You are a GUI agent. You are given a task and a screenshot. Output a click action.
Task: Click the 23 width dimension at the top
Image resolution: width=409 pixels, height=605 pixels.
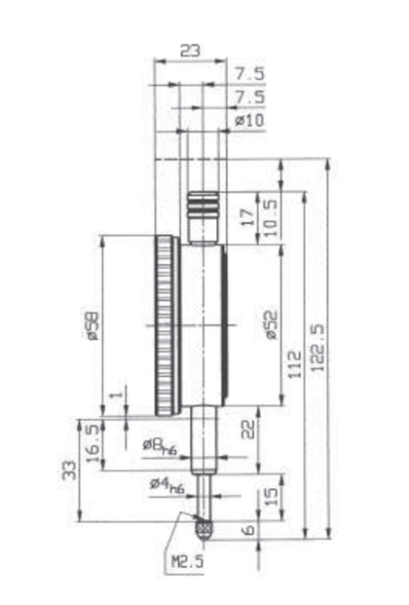[191, 50]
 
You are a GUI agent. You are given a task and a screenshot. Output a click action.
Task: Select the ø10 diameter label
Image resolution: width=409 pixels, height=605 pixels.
[249, 121]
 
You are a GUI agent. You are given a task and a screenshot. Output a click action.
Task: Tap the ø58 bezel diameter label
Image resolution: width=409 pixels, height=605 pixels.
[93, 325]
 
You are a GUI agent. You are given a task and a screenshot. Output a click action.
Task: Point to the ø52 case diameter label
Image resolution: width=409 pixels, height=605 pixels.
[272, 324]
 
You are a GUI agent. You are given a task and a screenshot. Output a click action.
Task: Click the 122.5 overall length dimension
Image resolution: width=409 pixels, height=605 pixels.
[318, 348]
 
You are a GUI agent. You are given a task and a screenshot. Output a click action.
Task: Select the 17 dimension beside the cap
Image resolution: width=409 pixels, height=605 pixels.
[249, 217]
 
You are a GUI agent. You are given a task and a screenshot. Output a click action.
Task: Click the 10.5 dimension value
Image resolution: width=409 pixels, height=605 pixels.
[270, 217]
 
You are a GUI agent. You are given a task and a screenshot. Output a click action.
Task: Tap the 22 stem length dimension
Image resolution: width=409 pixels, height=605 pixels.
[248, 429]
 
